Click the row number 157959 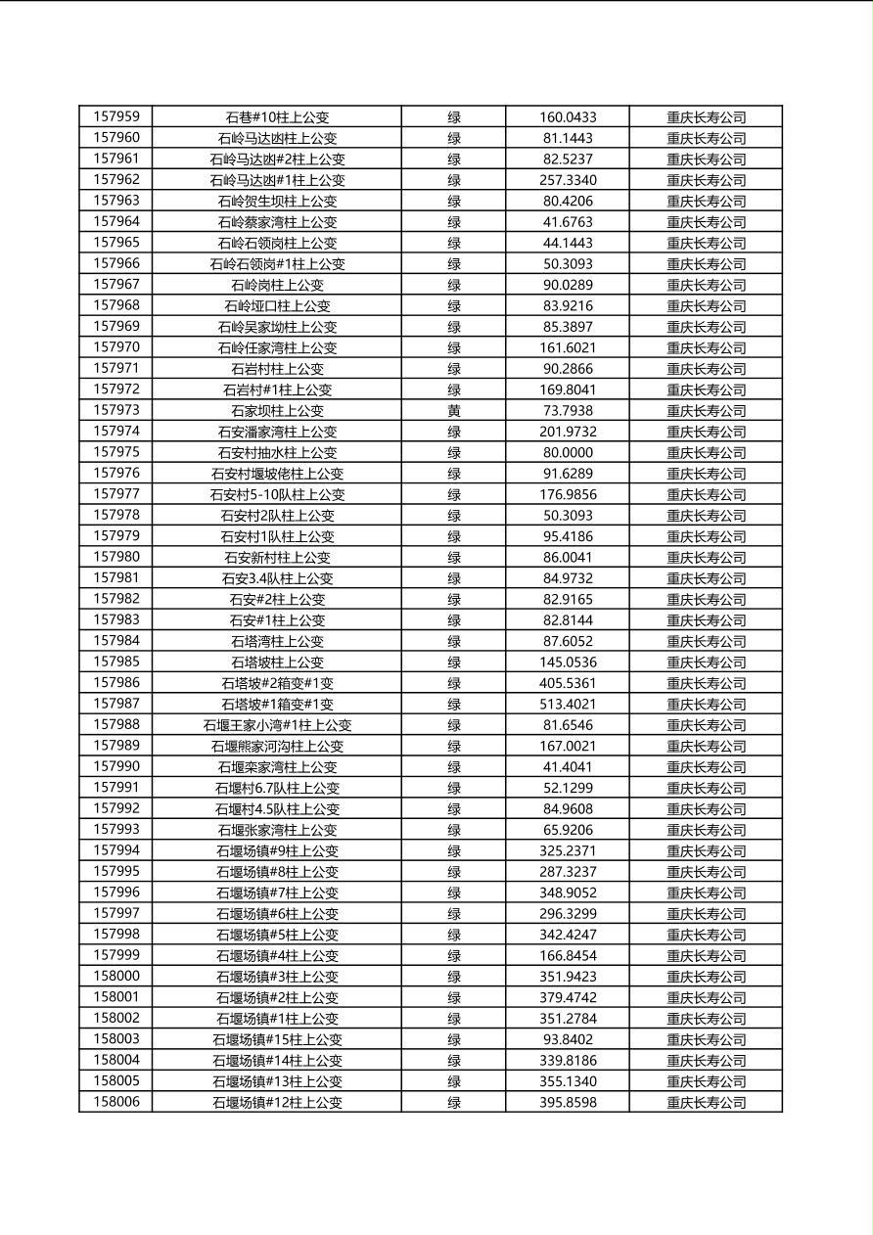click(115, 116)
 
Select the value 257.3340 click(568, 180)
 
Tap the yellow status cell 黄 click(454, 411)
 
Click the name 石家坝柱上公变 click(277, 411)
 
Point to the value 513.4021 click(568, 705)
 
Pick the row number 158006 click(115, 1102)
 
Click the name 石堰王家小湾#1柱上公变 click(277, 725)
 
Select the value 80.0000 click(568, 453)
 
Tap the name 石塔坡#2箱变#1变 click(277, 683)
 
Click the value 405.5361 click(568, 683)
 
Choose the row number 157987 click(115, 704)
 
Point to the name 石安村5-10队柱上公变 click(277, 495)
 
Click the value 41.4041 click(568, 767)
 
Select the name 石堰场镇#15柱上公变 click(277, 1039)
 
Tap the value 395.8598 click(568, 1103)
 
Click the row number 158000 click(115, 976)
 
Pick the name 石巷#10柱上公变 click(277, 117)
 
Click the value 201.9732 click(568, 432)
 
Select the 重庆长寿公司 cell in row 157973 click(706, 411)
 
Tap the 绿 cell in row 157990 click(454, 767)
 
